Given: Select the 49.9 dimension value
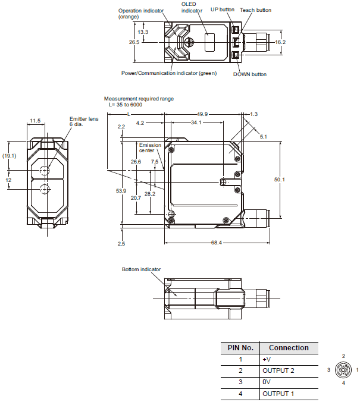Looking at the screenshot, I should click(202, 114).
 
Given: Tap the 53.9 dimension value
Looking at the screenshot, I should click(120, 190).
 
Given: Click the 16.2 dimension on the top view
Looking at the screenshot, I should click(281, 42).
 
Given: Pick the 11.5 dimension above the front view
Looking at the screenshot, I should click(35, 121).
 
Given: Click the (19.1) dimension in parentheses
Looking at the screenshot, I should click(9, 156).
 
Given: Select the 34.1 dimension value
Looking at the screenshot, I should click(196, 123).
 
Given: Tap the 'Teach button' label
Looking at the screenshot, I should click(255, 10).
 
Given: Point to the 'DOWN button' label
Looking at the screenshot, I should click(250, 74).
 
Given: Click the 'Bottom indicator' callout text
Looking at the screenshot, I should click(141, 269).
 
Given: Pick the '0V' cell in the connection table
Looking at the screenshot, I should click(266, 382).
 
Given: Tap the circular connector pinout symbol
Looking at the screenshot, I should click(343, 369).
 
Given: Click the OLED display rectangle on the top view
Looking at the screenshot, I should click(209, 43).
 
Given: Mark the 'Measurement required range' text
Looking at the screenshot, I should click(139, 99).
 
